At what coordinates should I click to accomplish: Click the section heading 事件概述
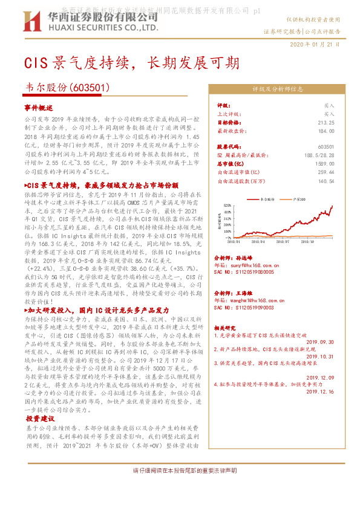(39, 107)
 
